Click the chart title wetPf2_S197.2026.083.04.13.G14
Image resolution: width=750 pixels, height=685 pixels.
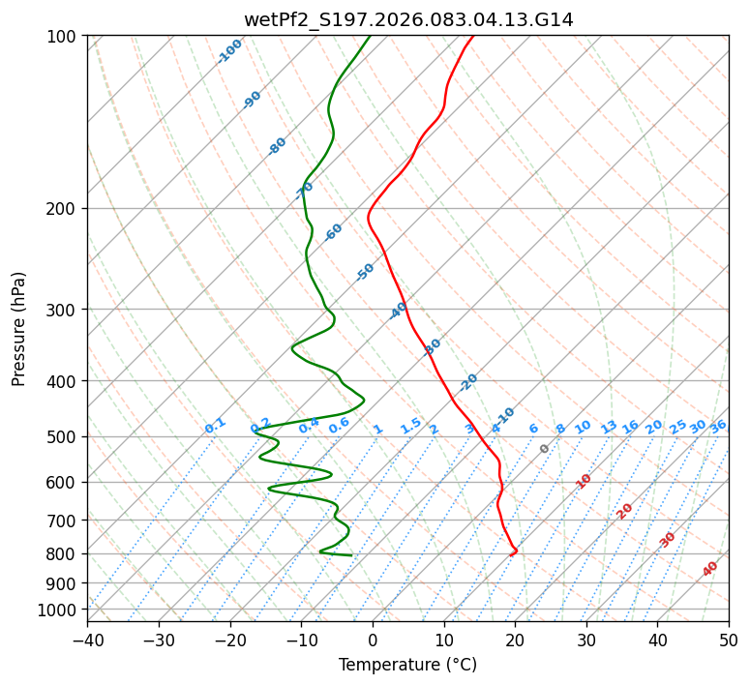point(408,19)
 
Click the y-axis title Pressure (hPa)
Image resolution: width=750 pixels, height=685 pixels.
point(19,328)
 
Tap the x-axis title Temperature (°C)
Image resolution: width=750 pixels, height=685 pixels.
point(407,665)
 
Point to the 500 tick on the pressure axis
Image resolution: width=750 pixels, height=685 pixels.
point(64,436)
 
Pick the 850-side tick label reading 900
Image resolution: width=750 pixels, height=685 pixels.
point(64,582)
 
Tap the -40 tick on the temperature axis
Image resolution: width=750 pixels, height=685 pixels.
point(87,640)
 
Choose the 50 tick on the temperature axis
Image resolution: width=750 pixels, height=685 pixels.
point(729,640)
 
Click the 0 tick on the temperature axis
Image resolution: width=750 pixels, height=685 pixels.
point(373,640)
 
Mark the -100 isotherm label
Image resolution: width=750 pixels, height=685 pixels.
point(229,50)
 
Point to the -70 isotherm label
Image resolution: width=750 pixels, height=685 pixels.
point(304,189)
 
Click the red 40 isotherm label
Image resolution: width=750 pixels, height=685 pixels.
point(710,569)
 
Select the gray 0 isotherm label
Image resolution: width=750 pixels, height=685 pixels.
point(545,449)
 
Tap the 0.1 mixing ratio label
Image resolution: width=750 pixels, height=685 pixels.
point(215,425)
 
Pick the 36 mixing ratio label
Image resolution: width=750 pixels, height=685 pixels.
point(718,426)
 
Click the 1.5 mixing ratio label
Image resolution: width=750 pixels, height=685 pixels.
point(410,425)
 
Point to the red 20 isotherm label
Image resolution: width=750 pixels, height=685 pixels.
point(625,510)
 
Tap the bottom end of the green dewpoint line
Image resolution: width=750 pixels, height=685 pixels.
point(351,555)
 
